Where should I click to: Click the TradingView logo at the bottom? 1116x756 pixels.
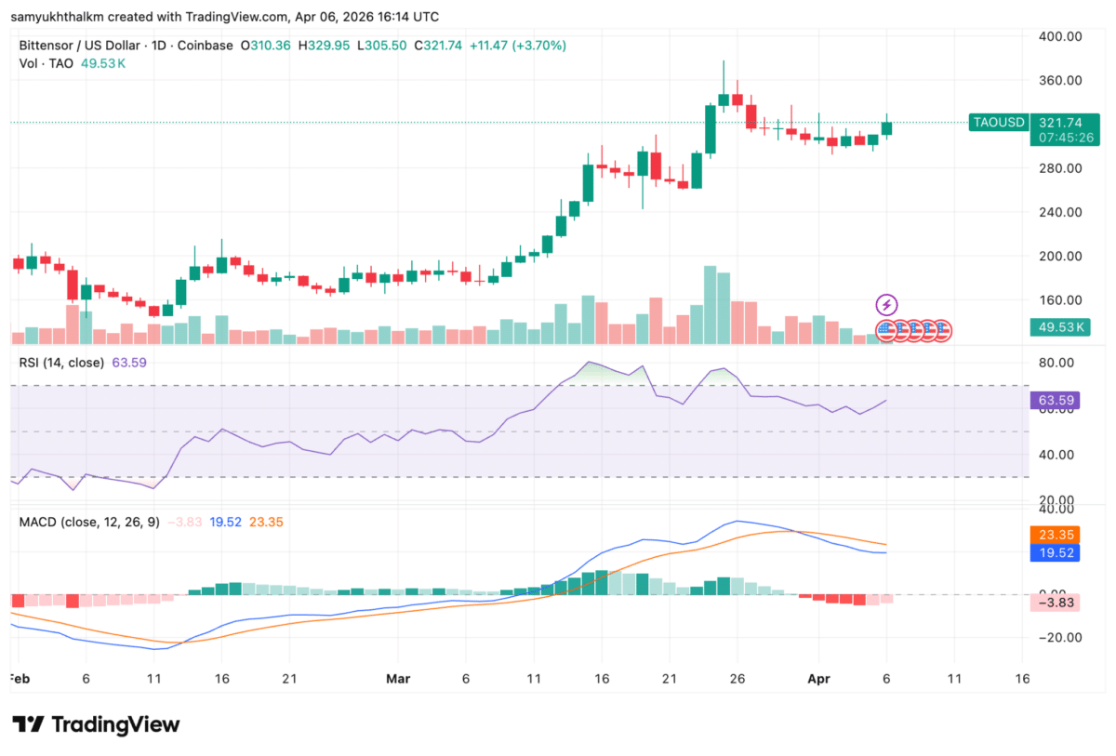[96, 724]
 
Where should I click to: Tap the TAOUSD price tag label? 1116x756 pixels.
[999, 122]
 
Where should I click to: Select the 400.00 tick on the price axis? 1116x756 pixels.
[1059, 36]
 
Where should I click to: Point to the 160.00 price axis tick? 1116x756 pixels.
[1059, 300]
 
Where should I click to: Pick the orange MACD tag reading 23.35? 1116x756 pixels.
[1059, 536]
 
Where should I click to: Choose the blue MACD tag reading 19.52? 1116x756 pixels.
[1059, 552]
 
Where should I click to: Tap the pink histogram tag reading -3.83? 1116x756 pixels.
[1059, 603]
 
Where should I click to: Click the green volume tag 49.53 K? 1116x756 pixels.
[1059, 327]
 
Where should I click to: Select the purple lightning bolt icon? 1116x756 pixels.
[887, 305]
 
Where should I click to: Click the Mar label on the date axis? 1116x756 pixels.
[398, 679]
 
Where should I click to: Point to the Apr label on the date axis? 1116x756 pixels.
[817, 679]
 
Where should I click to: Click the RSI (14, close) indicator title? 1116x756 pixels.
[61, 363]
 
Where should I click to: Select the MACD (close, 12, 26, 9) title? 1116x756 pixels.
[89, 523]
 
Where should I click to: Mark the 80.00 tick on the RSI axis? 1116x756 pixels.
[1059, 363]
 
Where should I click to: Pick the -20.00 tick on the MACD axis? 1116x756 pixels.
[1059, 638]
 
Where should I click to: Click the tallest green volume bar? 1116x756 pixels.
[711, 305]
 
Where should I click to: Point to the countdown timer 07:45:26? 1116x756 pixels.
[1060, 138]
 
